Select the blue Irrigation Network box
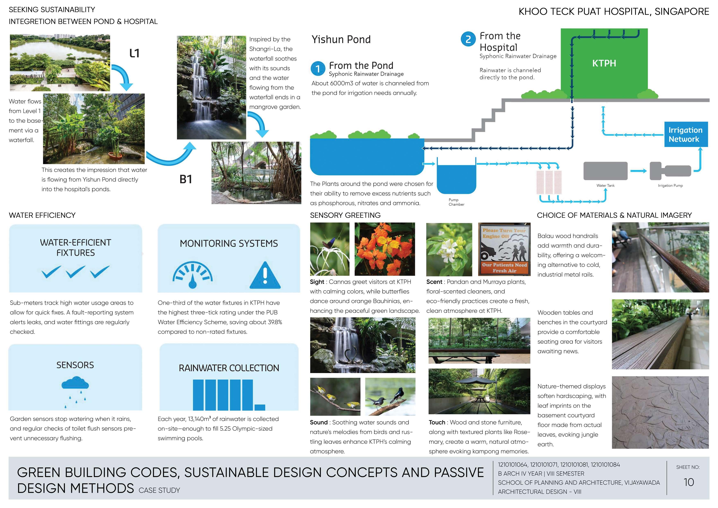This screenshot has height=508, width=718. pos(686,135)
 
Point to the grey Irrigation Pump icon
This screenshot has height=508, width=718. pos(670,171)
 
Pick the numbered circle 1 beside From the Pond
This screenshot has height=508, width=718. pos(318,69)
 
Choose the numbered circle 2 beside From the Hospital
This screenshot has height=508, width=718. pos(468,39)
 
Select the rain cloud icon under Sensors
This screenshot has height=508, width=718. pos(75,385)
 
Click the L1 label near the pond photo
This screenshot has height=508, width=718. pos(134,53)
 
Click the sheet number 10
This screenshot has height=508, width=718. pos(689,482)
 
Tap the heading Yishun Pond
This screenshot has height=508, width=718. pos(341,39)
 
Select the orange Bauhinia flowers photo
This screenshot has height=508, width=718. pos(385,249)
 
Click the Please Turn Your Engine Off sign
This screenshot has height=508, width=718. pos(504,249)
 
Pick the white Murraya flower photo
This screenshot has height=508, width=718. pos(449,249)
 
